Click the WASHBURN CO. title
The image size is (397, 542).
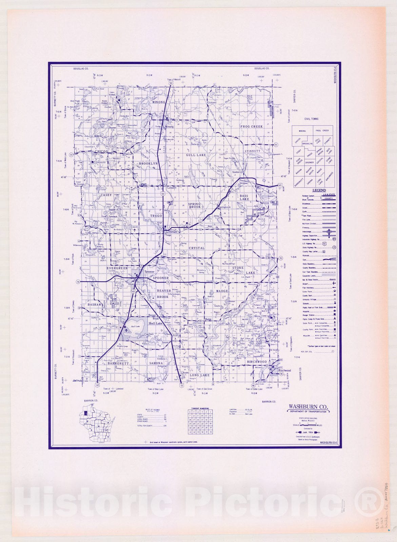308,407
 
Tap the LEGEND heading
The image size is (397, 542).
319,190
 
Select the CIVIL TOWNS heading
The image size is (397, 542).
311,119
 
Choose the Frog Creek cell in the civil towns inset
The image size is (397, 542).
322,130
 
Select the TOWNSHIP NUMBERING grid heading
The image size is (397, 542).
200,409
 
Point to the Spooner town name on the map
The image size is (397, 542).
149,272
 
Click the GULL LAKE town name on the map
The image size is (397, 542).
196,155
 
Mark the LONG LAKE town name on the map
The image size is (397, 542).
200,375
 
